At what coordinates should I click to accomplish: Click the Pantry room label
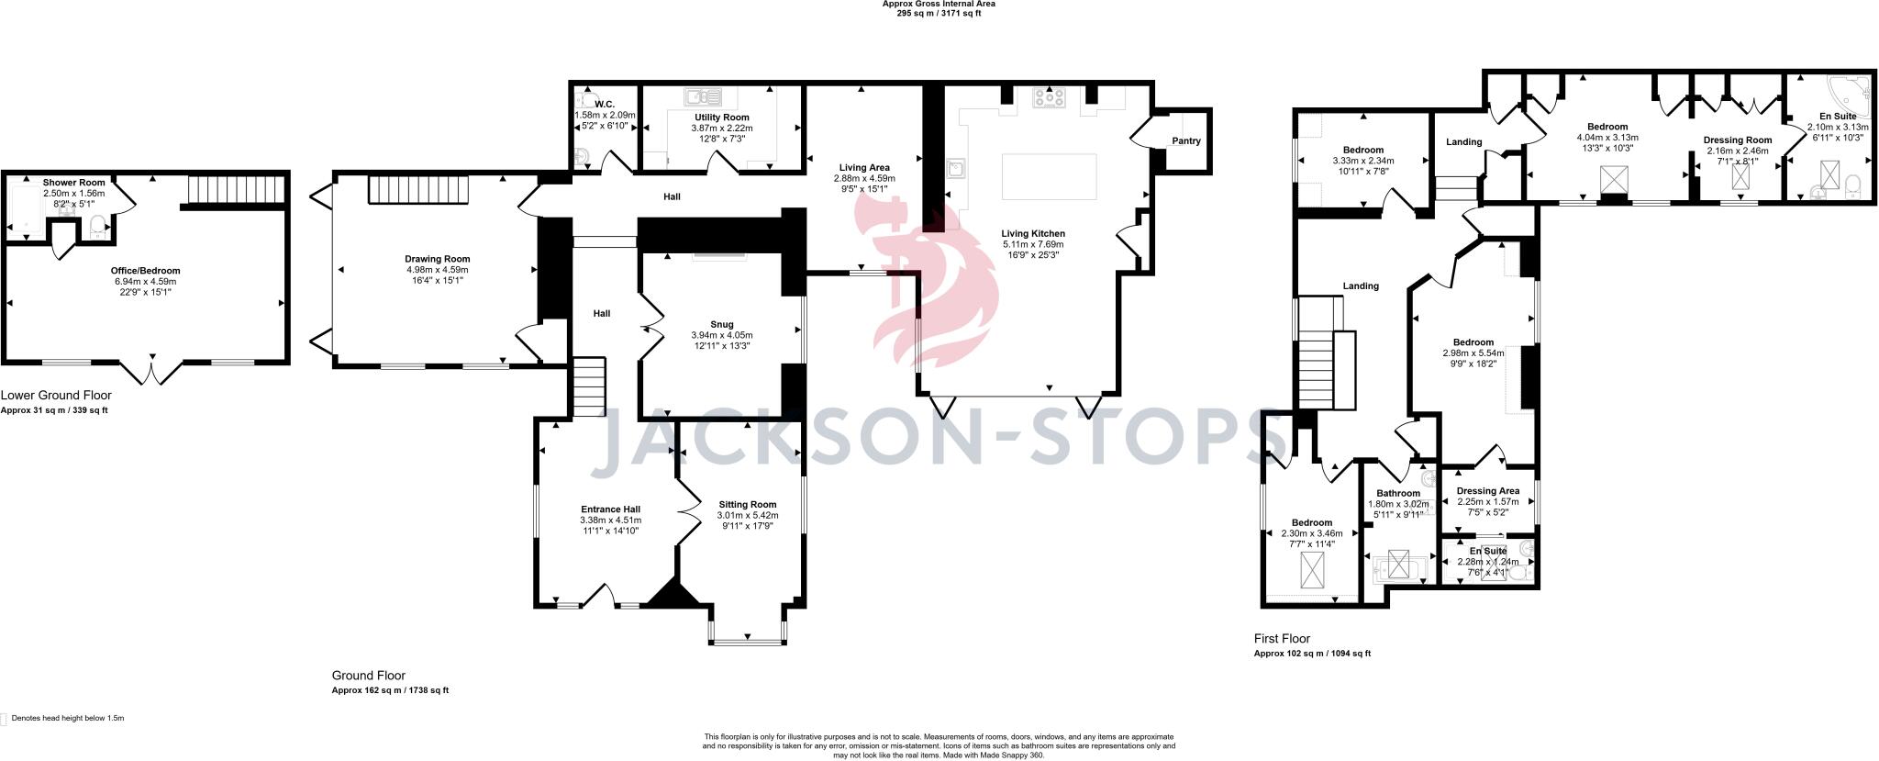[x=1185, y=141]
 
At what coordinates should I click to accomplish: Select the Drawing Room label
[x=438, y=259]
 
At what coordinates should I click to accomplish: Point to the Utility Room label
[x=721, y=118]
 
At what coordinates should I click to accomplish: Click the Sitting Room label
[x=748, y=504]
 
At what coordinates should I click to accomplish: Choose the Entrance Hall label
[x=610, y=509]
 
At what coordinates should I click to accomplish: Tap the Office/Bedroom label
[x=145, y=271]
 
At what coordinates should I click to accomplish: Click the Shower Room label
[x=73, y=183]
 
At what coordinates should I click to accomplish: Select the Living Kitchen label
[x=1033, y=233]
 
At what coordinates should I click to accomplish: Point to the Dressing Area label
[x=1488, y=491]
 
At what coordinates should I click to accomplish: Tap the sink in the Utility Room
[x=704, y=95]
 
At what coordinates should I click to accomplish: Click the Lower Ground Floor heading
[x=56, y=396]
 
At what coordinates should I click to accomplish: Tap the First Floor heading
[x=1282, y=639]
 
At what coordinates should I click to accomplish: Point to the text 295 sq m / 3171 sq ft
[x=939, y=14]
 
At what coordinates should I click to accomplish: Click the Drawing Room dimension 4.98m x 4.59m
[x=438, y=270]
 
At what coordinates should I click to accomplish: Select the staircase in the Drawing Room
[x=419, y=190]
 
